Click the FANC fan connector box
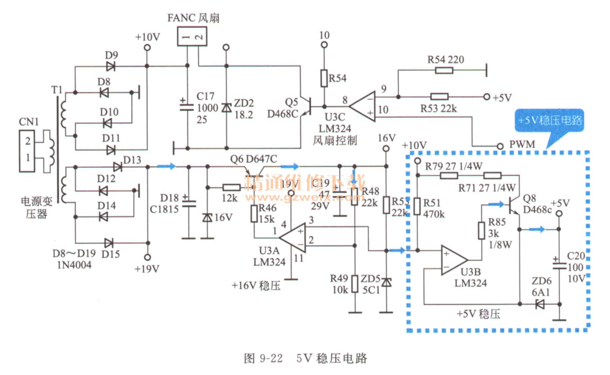point(192,36)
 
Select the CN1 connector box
point(27,151)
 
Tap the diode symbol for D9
point(111,66)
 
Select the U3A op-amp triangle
point(294,238)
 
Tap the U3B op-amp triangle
point(454,260)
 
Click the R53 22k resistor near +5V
point(439,97)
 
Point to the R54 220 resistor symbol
point(444,70)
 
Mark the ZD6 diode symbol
point(540,305)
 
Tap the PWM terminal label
point(522,144)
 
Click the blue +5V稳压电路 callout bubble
point(550,120)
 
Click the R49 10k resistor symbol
point(355,284)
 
